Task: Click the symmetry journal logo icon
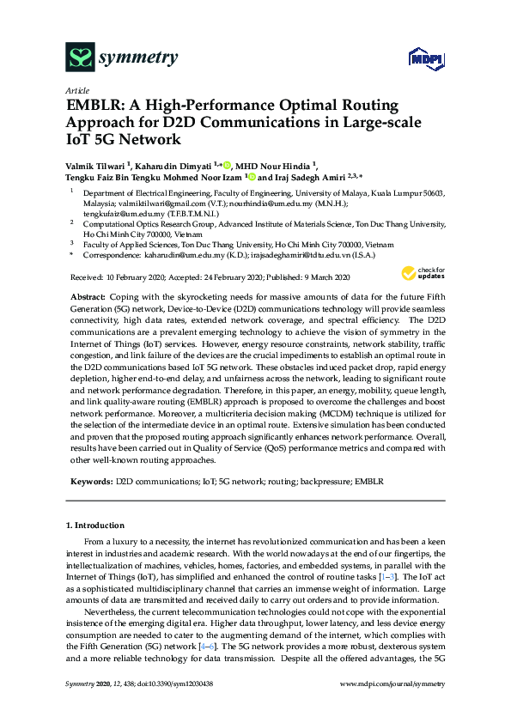(80, 58)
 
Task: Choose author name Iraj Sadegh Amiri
(313, 177)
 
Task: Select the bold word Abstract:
(86, 295)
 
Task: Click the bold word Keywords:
(89, 483)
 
